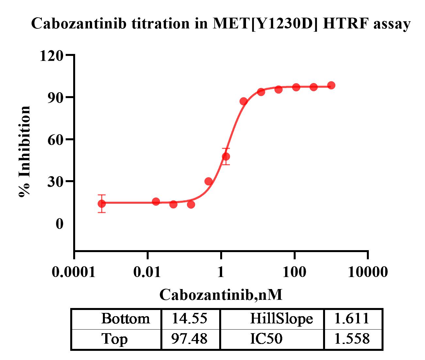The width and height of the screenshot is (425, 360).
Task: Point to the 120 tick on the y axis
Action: (x=51, y=56)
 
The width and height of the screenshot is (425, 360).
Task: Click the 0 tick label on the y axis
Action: (x=59, y=224)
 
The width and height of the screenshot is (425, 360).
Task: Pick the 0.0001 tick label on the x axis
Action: (x=74, y=272)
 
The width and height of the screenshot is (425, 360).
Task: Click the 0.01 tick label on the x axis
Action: (x=148, y=272)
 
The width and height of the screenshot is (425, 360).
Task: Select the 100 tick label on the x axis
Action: (x=294, y=272)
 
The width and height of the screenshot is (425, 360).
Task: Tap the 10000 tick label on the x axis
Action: (x=368, y=272)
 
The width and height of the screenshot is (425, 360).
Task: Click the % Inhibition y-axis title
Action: (x=25, y=151)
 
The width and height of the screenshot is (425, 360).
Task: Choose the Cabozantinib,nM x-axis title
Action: (x=221, y=295)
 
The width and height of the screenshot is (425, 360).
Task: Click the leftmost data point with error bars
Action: (x=102, y=204)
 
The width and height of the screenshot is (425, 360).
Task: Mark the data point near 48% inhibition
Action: (x=226, y=157)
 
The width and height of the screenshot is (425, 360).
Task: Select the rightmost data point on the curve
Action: (x=331, y=85)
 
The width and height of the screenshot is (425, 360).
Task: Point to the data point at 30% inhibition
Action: (x=208, y=181)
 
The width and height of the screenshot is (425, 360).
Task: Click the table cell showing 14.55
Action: (x=190, y=318)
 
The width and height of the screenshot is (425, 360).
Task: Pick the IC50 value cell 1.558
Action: (x=352, y=339)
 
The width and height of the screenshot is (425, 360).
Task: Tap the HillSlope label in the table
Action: (x=281, y=318)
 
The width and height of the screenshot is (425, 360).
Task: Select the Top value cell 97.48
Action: (x=190, y=339)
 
